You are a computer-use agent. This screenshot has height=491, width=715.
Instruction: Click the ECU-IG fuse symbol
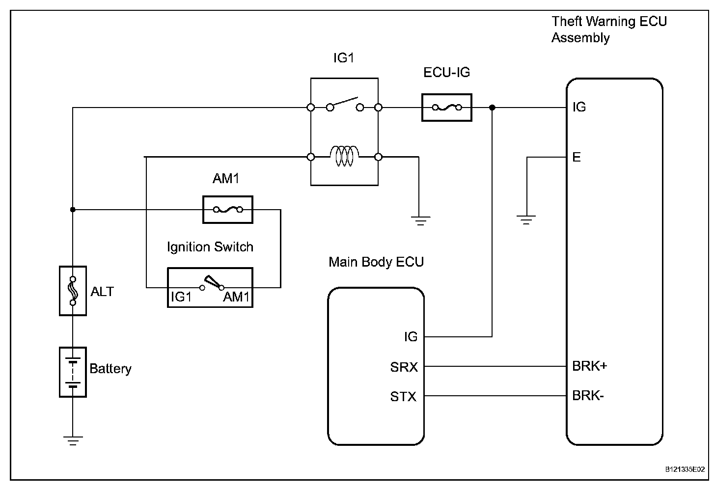(x=446, y=108)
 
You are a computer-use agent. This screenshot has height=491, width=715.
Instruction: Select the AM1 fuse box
(x=227, y=210)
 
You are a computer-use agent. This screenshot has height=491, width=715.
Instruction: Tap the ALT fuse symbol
(x=73, y=291)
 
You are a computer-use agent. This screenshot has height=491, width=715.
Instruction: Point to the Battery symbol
(x=73, y=372)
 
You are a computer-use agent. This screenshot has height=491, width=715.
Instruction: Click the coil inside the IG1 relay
(x=344, y=157)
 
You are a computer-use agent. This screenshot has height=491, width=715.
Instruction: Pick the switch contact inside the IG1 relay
(x=344, y=105)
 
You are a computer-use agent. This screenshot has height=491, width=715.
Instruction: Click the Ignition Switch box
(x=210, y=287)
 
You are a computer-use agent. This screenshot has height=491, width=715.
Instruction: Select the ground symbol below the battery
(x=73, y=440)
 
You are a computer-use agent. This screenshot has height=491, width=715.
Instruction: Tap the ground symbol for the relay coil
(x=420, y=220)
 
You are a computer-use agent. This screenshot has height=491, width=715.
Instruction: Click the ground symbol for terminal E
(x=526, y=219)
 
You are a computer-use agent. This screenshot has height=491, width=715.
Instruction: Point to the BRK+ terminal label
(x=589, y=366)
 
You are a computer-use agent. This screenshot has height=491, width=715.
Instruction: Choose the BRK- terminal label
(x=588, y=395)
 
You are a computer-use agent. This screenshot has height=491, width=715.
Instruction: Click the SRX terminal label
(x=404, y=367)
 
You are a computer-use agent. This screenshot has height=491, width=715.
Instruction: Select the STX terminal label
(x=403, y=396)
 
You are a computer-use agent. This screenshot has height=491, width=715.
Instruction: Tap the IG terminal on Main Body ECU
(x=411, y=337)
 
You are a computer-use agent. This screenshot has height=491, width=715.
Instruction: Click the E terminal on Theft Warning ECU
(x=577, y=157)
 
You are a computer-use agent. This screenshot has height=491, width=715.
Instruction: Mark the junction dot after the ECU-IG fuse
(x=492, y=108)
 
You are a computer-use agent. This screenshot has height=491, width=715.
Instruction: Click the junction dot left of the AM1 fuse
(x=73, y=210)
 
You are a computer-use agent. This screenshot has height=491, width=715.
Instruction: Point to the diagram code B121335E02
(x=686, y=469)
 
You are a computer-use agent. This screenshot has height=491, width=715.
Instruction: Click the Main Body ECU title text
(x=376, y=262)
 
